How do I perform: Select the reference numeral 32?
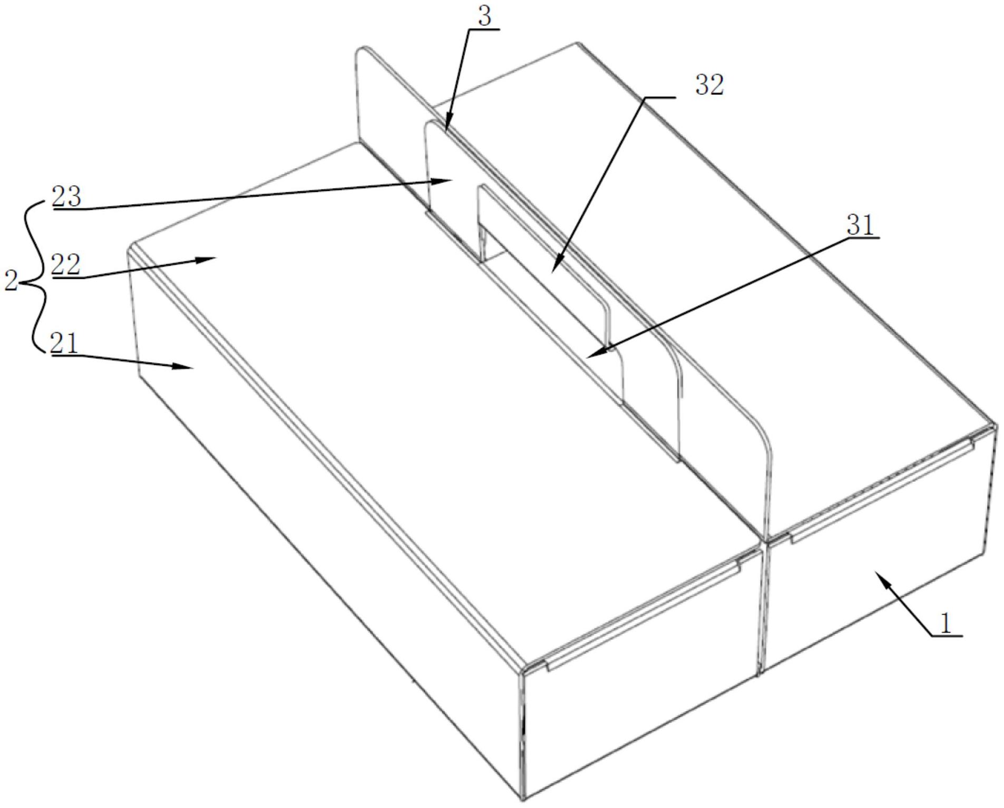tap(709, 85)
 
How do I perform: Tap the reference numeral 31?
tap(860, 226)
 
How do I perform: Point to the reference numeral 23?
tap(66, 198)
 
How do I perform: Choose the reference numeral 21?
tap(64, 344)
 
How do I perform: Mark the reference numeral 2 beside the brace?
tap(11, 281)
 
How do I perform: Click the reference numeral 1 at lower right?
tap(946, 624)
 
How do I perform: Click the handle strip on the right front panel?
tap(880, 493)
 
